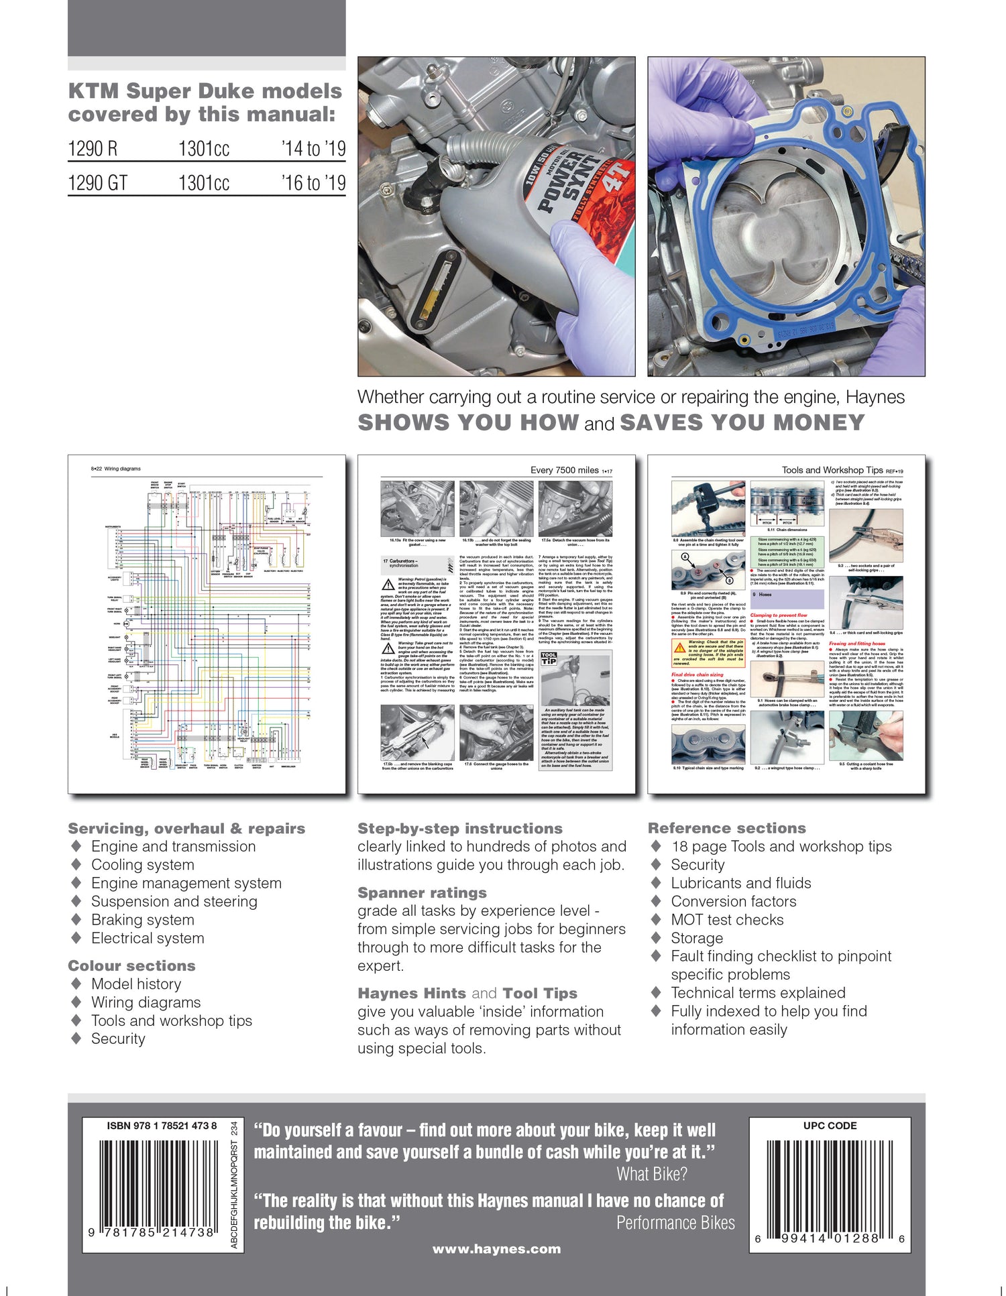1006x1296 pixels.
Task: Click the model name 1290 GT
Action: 98,183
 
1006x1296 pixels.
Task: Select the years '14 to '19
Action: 313,148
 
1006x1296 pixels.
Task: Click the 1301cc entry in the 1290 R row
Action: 204,148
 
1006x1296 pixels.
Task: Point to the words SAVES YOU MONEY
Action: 742,423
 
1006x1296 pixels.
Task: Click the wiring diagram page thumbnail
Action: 207,624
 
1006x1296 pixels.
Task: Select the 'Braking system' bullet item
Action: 142,920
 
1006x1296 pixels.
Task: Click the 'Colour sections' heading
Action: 131,965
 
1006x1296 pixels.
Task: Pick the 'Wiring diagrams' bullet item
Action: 146,1002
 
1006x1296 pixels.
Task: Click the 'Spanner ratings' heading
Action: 422,892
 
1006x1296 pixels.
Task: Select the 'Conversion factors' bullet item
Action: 734,901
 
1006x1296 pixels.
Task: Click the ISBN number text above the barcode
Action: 162,1126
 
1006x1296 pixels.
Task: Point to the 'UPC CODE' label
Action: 830,1126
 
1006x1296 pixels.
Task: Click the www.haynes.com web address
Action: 496,1248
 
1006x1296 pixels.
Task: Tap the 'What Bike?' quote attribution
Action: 652,1174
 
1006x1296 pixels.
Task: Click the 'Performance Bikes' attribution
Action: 675,1223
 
